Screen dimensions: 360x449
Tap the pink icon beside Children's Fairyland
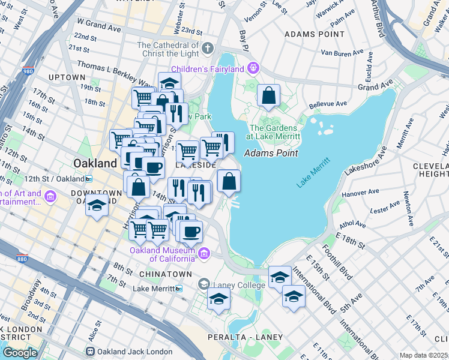[254, 68]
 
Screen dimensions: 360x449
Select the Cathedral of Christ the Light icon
[208, 47]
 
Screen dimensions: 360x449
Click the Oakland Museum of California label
[163, 254]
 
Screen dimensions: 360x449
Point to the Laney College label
[235, 284]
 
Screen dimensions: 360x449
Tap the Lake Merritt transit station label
[153, 289]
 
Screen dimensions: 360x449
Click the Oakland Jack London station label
[128, 351]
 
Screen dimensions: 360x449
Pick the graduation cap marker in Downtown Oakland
[97, 205]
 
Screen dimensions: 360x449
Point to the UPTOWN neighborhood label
[67, 77]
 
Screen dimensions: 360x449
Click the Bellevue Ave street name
[328, 104]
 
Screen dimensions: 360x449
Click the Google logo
[20, 352]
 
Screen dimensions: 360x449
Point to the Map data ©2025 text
[423, 355]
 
